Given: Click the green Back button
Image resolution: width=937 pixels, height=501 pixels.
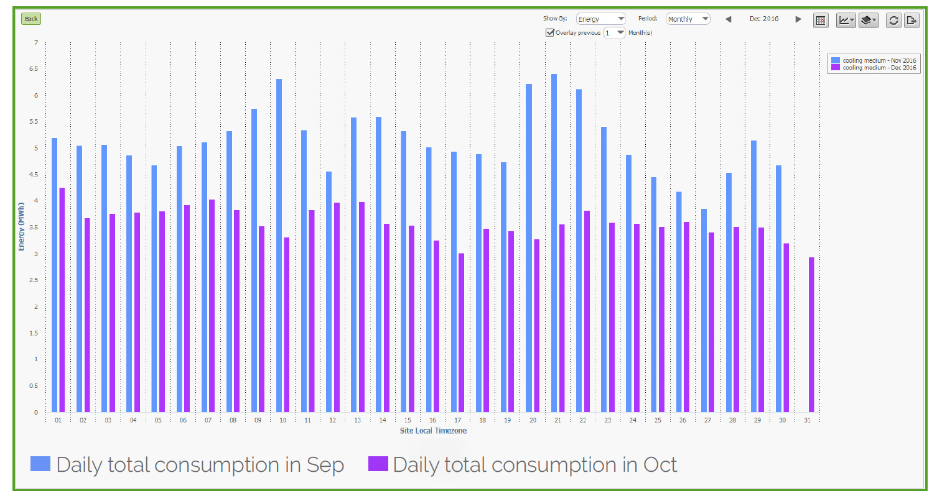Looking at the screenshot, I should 31,19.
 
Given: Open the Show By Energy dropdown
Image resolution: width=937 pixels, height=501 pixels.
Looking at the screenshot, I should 600,19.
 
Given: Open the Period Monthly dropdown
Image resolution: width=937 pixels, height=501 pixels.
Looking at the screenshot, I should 688,19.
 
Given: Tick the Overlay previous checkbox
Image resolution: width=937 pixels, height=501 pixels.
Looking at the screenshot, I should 549,32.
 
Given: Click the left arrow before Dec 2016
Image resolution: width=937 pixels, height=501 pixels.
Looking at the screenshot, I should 728,19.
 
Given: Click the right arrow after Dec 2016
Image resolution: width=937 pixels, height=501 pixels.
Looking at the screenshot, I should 798,19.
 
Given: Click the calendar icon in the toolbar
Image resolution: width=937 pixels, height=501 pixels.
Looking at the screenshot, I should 821,20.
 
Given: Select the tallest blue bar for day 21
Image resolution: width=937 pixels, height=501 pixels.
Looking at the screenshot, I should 554,242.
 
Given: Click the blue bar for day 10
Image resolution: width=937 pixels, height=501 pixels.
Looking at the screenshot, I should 279,246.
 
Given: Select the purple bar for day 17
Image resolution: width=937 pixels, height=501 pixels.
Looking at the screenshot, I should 461,333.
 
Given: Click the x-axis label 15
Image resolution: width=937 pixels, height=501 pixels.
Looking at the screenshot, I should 408,421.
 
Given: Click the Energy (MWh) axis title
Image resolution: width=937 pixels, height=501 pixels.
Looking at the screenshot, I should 21,226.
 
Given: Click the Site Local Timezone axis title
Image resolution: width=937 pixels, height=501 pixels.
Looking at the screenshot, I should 433,431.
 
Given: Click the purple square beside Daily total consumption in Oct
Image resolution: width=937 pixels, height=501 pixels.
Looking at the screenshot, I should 378,464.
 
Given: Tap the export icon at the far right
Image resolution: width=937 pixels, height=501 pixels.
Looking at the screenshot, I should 911,20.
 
